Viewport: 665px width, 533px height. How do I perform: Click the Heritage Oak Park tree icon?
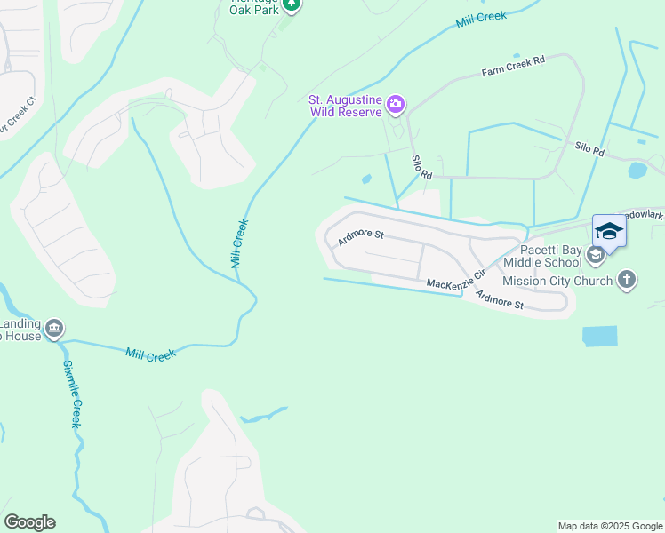tap(292, 5)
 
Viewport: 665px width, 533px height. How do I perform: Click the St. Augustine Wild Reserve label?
tap(345, 107)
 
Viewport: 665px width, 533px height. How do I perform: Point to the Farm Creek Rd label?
tap(513, 66)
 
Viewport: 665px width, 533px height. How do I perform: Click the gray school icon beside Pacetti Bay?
tap(595, 256)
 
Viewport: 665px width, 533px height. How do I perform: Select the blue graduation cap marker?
tap(609, 232)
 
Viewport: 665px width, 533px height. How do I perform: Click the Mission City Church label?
tap(557, 281)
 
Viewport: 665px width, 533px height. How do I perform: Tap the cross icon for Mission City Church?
tap(627, 281)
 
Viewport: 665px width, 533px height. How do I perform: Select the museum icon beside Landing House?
tap(54, 330)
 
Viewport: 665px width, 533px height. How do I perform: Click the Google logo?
tap(29, 522)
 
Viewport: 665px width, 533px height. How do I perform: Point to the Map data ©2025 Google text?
tap(609, 526)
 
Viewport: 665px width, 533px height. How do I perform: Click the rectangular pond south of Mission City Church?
tap(599, 336)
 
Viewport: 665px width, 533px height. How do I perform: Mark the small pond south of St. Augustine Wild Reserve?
tap(366, 179)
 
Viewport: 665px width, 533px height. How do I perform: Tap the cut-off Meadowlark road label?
tap(641, 216)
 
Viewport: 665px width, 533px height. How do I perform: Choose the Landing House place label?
tap(20, 330)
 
